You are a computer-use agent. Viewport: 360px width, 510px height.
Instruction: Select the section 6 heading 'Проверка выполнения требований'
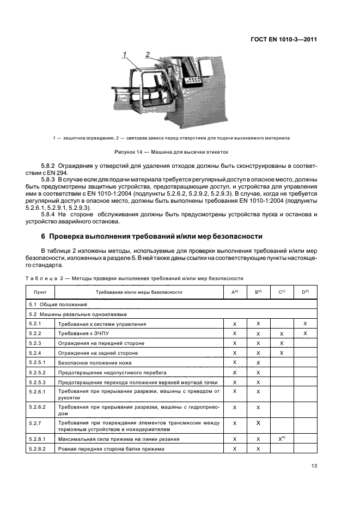tap(152, 236)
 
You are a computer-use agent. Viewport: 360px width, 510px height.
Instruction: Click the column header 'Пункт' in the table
tap(40, 292)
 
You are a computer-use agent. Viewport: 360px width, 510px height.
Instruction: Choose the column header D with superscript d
tap(306, 292)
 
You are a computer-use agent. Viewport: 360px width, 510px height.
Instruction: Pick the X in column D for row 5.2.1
tap(306, 324)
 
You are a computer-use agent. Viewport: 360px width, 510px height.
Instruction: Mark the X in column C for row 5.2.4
tap(282, 353)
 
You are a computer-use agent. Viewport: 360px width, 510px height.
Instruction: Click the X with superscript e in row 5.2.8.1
tap(282, 438)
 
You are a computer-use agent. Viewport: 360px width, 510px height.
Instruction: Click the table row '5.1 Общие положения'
tap(51, 304)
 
